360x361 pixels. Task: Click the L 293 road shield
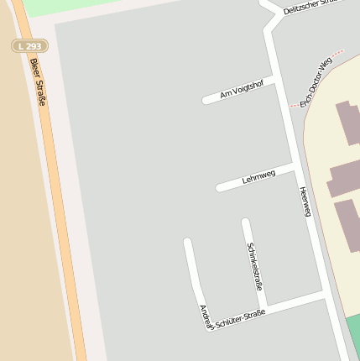(29, 45)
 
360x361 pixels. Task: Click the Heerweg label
(305, 201)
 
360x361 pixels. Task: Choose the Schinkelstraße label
(253, 265)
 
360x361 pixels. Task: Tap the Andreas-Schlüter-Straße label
(232, 318)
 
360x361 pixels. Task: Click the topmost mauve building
(347, 122)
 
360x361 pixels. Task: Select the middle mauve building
(344, 179)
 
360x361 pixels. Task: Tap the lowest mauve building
(347, 224)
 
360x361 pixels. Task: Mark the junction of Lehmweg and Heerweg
(295, 167)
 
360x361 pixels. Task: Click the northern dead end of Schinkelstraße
(245, 222)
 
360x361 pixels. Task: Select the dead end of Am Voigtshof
(206, 101)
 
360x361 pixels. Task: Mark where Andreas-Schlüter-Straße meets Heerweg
(325, 294)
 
